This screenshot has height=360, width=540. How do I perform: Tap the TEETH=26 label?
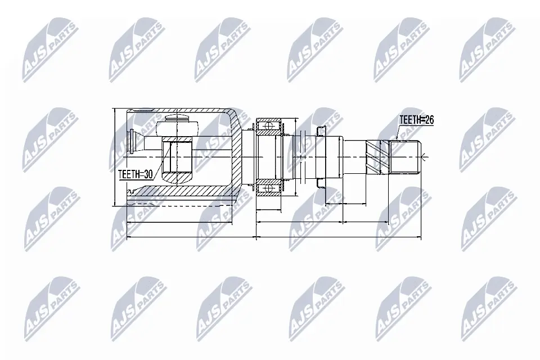(417, 120)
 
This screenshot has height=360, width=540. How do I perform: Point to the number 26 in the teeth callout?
(429, 120)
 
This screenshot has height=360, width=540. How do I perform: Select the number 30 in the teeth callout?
(148, 174)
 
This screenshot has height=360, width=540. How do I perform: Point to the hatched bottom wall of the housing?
(180, 192)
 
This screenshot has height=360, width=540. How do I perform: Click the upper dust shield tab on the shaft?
(321, 131)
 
